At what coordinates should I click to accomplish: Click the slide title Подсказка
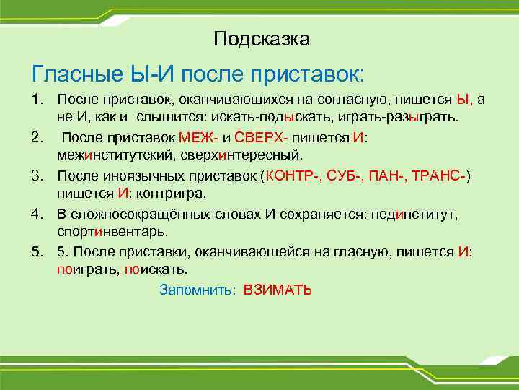pos(262,38)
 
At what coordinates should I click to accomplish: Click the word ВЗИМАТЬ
pos(278,290)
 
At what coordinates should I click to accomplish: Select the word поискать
pos(156,270)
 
